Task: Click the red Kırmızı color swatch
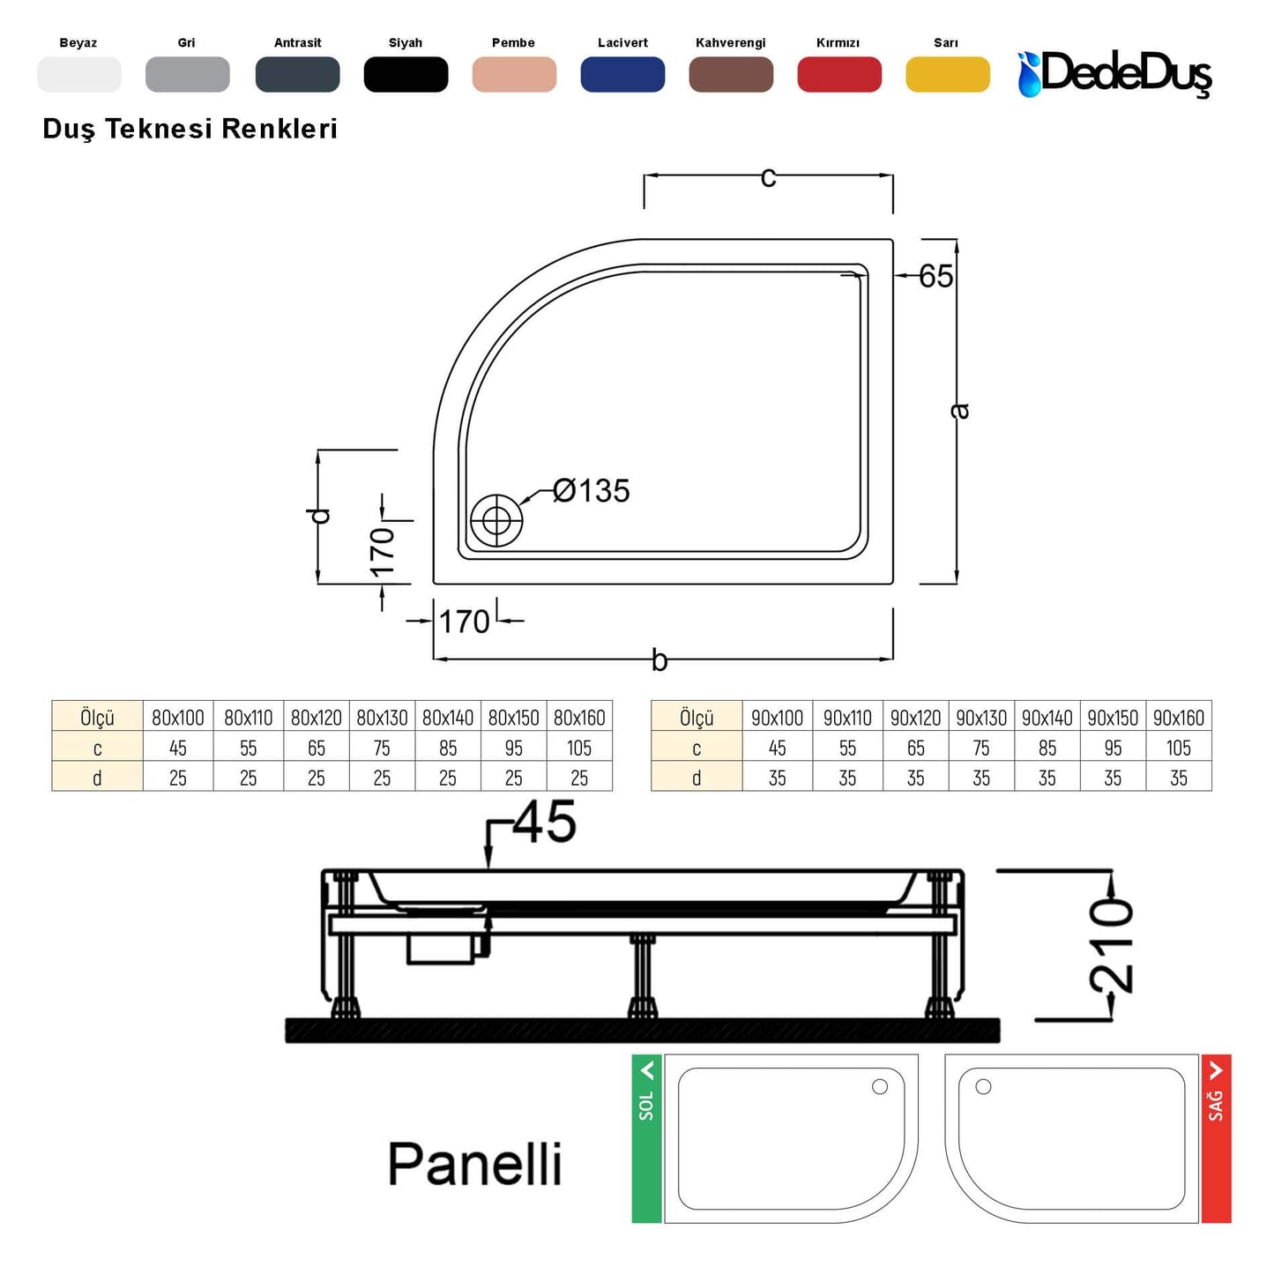[x=838, y=74]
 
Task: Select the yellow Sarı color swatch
[x=947, y=74]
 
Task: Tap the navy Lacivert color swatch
[x=622, y=74]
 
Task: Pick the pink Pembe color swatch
[x=514, y=74]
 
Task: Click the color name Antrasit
[x=297, y=43]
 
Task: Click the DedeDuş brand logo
[x=1114, y=74]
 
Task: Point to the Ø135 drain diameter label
[x=591, y=490]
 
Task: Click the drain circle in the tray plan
[x=496, y=520]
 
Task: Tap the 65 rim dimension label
[x=935, y=276]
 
